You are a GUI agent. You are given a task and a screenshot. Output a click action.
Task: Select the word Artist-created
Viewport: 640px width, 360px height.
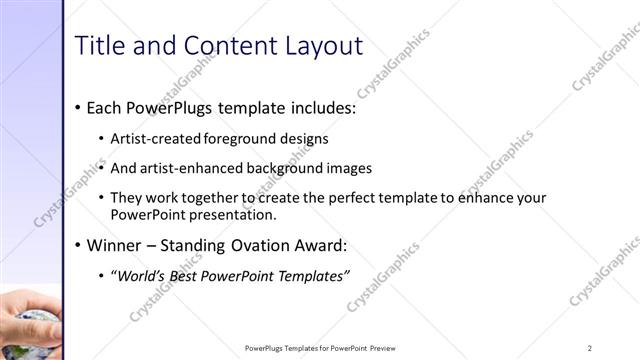(154, 139)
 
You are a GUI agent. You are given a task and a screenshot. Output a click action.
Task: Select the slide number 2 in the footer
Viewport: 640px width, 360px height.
(590, 348)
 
